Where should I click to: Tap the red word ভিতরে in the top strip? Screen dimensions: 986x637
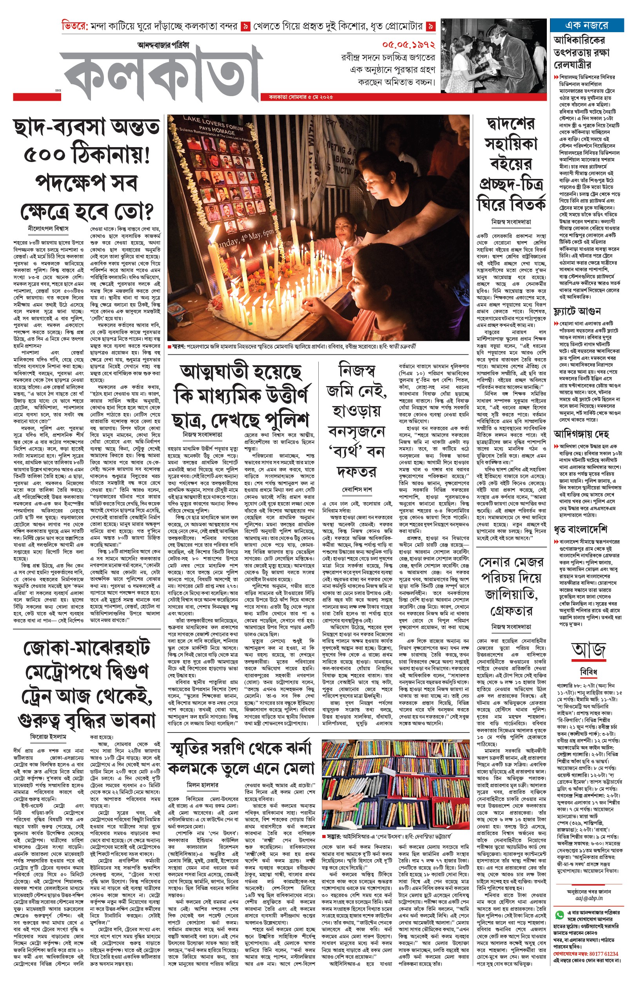[x=74, y=26]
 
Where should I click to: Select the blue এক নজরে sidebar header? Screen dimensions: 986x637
[x=586, y=25]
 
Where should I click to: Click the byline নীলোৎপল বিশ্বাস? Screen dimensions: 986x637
[x=48, y=228]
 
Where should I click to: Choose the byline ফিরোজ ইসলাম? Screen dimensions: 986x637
[x=48, y=736]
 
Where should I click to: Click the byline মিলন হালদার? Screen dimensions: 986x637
[x=203, y=785]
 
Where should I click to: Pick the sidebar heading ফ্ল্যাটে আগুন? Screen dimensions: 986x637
[x=577, y=311]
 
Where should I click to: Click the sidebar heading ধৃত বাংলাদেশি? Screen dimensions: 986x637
[x=580, y=529]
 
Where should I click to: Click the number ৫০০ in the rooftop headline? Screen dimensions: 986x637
[x=45, y=155]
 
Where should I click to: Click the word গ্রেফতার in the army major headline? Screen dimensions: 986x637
[x=511, y=611]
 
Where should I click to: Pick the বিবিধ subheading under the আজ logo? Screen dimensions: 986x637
[x=589, y=671]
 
